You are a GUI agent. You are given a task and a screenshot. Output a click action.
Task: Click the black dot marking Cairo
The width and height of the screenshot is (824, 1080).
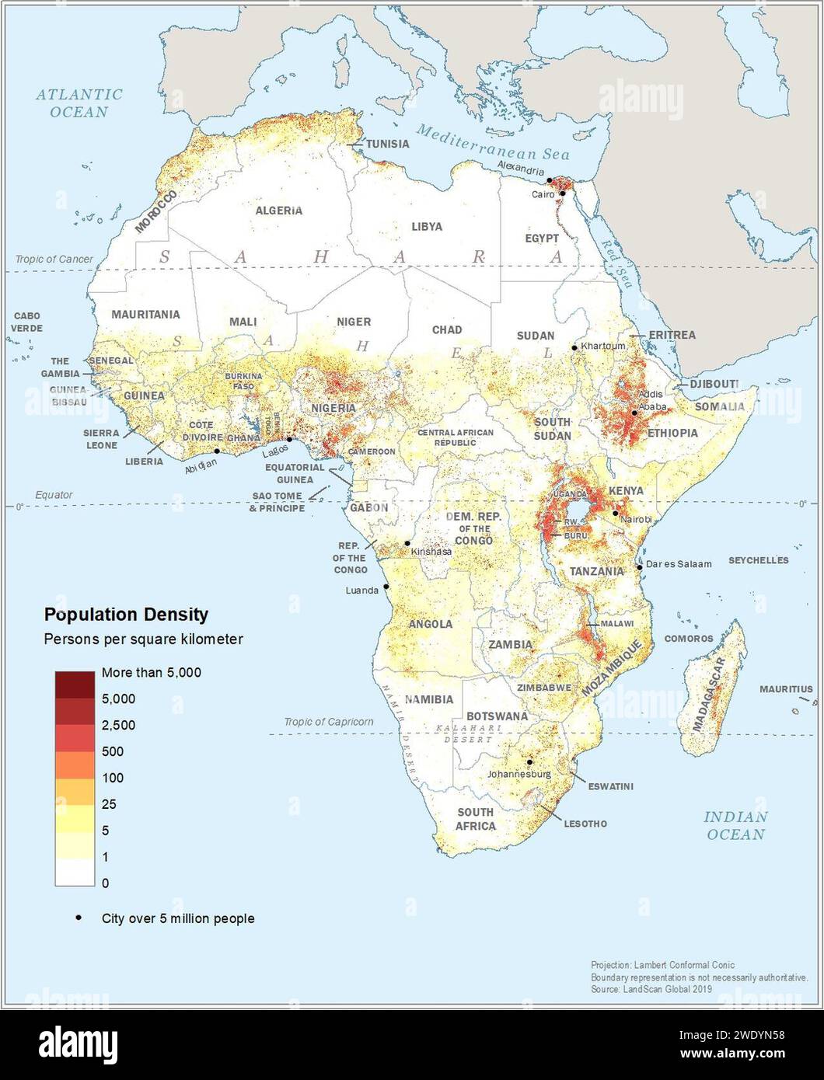[562, 193]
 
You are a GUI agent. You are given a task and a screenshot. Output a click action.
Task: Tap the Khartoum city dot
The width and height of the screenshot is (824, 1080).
[574, 347]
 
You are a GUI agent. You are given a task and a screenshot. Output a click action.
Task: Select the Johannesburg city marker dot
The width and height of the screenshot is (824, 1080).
[529, 762]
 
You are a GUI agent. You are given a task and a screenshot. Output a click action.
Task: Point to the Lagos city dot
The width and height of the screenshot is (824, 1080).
[289, 440]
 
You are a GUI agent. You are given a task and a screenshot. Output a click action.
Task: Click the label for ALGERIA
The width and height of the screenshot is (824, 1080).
[278, 211]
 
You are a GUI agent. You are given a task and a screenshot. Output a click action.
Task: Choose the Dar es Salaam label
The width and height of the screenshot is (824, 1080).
[678, 564]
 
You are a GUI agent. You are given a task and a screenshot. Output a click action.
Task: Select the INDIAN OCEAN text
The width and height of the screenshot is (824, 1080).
[735, 825]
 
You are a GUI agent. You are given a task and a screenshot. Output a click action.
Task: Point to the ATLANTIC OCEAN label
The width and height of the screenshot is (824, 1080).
[79, 103]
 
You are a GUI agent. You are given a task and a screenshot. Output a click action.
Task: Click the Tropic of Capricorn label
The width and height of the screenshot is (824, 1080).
[328, 722]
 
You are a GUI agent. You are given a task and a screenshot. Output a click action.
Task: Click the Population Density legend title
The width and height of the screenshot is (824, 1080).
[126, 615]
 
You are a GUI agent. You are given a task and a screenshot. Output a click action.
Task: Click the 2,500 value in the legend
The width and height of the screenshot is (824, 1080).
[118, 725]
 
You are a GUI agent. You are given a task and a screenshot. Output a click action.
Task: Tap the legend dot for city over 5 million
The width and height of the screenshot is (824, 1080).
[79, 918]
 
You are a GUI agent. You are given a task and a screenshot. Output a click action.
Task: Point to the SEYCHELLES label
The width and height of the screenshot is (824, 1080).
[758, 560]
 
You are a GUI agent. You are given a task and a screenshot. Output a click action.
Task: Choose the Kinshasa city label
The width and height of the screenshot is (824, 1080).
[431, 552]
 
